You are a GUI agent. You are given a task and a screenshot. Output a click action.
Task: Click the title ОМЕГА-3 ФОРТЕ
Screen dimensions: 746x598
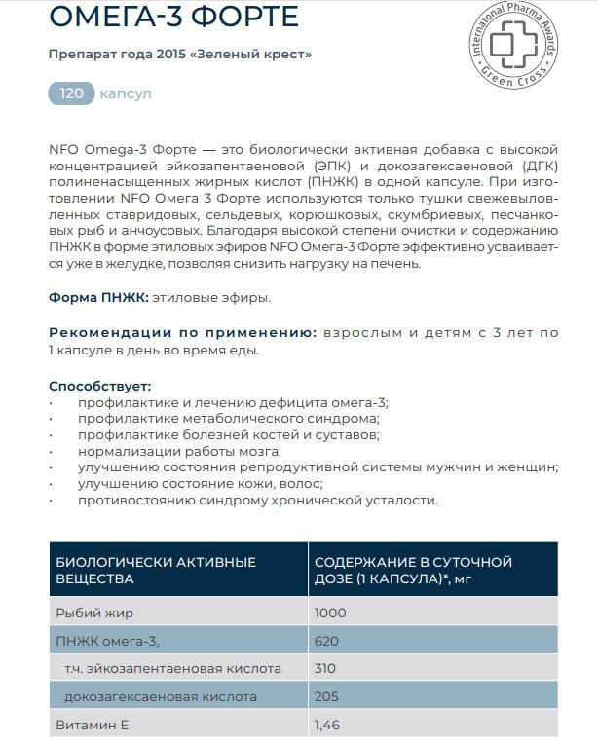(173, 18)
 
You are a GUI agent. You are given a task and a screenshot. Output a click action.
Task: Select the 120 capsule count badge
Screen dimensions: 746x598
(72, 93)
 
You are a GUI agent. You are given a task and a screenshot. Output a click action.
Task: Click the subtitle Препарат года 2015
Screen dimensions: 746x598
(180, 54)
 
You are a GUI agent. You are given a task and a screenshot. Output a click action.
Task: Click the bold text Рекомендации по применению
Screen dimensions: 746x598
(182, 333)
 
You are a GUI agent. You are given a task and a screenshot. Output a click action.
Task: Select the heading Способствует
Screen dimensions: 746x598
(99, 387)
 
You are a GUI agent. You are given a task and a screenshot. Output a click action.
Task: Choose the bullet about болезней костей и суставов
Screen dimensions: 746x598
(229, 434)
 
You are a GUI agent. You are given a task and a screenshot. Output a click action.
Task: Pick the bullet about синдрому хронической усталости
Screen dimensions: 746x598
(258, 501)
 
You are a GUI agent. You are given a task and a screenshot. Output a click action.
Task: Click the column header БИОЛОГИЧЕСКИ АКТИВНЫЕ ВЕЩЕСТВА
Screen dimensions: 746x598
(156, 570)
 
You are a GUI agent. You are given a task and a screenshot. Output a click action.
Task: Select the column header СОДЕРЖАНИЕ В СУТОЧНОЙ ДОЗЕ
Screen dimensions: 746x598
(412, 570)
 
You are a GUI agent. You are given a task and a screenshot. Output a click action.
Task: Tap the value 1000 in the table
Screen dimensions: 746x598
(330, 614)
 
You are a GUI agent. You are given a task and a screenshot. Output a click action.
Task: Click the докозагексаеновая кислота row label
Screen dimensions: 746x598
(160, 697)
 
